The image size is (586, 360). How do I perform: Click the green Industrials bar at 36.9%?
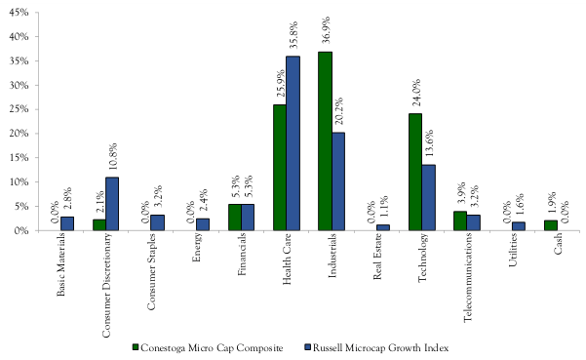point(325,141)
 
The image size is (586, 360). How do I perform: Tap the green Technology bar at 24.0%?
point(414,172)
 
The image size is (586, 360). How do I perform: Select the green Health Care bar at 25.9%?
point(279,168)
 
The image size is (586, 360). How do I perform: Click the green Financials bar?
point(234,218)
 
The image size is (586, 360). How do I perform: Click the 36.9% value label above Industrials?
point(326,32)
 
